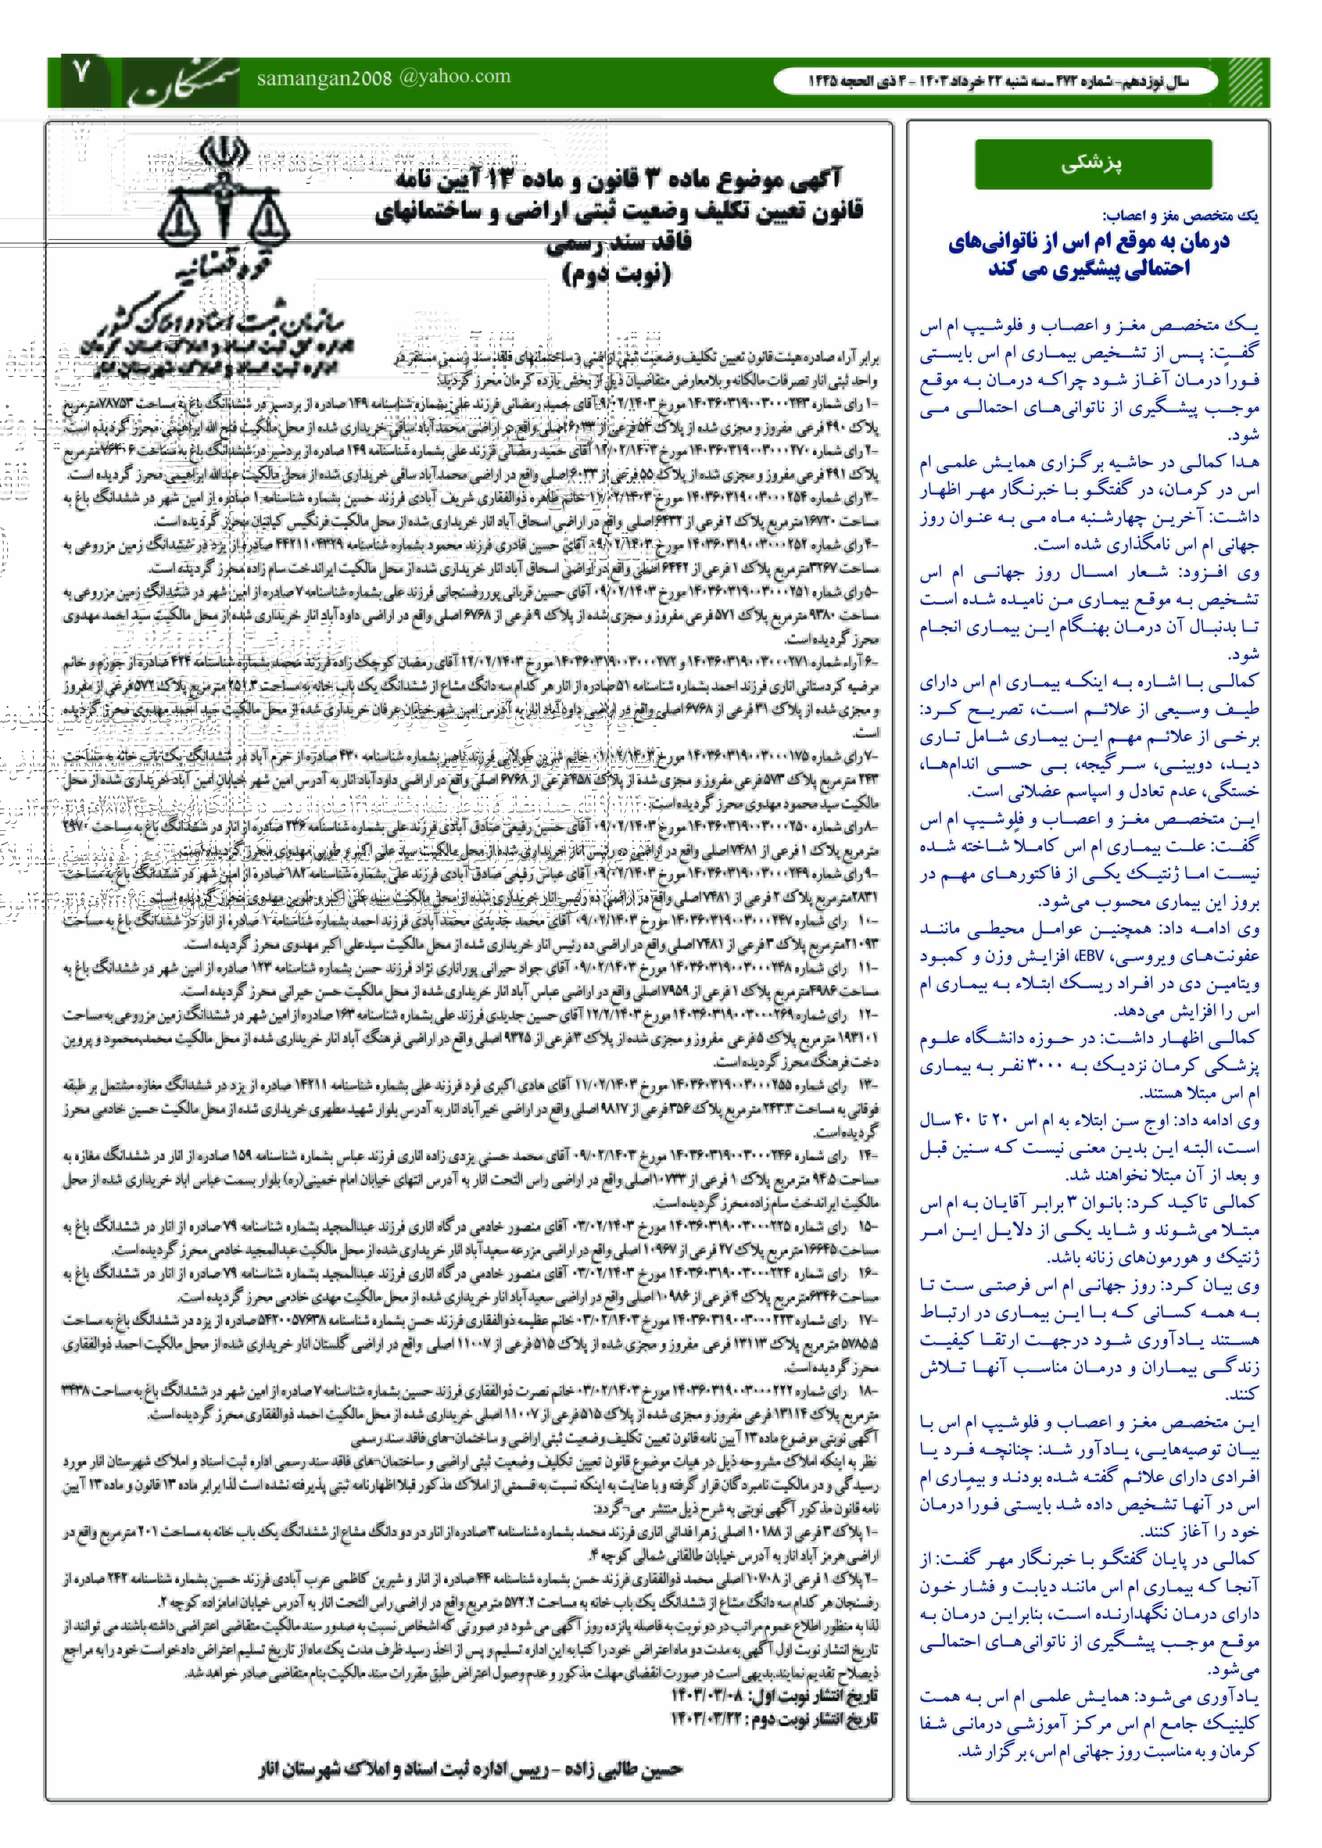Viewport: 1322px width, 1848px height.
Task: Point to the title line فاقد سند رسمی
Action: pyautogui.click(x=619, y=242)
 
